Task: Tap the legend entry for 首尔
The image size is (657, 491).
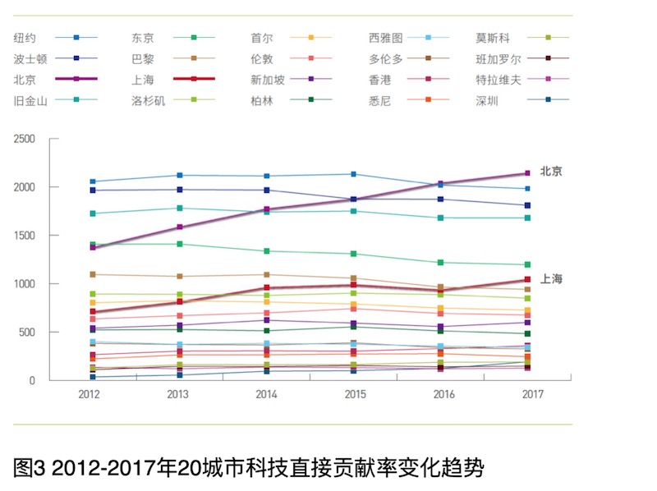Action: (291, 38)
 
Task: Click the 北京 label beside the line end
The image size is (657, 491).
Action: (551, 172)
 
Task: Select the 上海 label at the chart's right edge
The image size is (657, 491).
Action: (551, 279)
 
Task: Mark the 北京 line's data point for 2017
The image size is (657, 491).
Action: (527, 173)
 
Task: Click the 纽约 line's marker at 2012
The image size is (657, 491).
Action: (93, 181)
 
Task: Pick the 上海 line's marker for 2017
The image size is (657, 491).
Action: (527, 280)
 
